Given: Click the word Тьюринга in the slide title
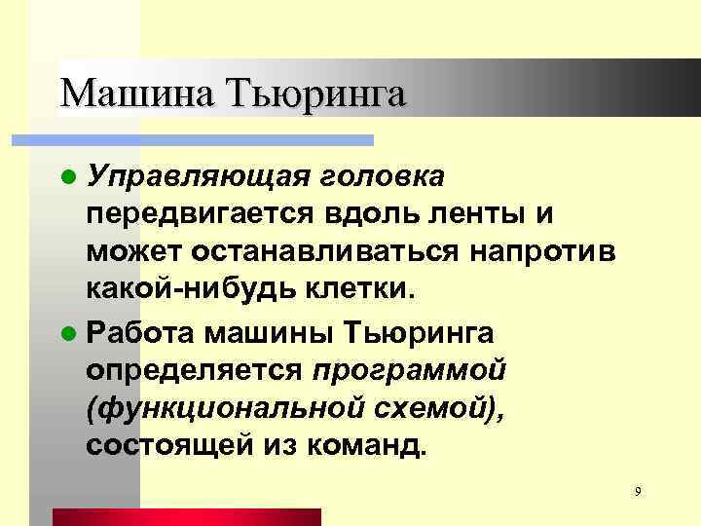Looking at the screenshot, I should (314, 94).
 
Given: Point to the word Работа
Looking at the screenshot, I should (140, 331).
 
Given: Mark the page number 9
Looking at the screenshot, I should (637, 490).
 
